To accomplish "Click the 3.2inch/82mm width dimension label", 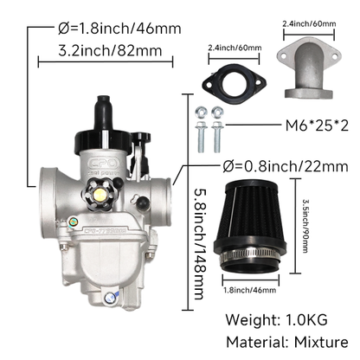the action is click(110, 51).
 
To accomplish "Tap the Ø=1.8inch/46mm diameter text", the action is click(119, 29).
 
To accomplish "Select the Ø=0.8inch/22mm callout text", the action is click(286, 166).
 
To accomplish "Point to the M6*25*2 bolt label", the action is click(317, 125).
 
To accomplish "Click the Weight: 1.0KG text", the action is click(276, 319).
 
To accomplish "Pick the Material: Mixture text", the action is click(287, 342).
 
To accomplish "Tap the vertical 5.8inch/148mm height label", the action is click(201, 244).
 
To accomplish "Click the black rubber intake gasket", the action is click(234, 82).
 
